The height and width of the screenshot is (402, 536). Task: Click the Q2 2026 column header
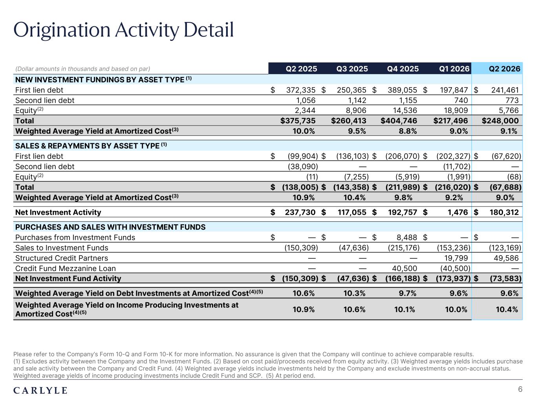[x=504, y=69]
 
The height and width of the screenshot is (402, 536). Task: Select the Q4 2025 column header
[x=402, y=69]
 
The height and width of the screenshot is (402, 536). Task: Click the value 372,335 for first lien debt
[x=301, y=90]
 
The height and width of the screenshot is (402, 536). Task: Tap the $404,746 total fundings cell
[x=399, y=121]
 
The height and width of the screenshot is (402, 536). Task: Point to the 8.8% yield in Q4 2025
[x=408, y=131]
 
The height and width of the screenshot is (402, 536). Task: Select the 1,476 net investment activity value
[x=457, y=212]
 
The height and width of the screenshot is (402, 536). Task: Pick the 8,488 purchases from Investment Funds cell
[x=406, y=237]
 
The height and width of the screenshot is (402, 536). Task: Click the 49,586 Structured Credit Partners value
[x=506, y=258]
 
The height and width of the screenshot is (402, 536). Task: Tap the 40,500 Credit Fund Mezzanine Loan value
[x=404, y=268]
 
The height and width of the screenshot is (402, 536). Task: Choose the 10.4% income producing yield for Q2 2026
[x=507, y=309]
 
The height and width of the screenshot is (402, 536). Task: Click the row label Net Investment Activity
[x=58, y=212]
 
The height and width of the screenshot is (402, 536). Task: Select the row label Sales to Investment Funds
[x=62, y=248]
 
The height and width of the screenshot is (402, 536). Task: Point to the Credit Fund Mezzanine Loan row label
[x=66, y=269]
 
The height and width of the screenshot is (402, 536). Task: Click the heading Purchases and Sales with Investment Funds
[x=110, y=227]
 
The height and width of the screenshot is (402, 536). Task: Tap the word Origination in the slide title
[x=62, y=30]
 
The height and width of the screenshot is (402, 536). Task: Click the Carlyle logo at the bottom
[x=40, y=391]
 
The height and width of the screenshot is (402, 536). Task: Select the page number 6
[x=520, y=389]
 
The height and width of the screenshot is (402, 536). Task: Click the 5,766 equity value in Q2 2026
[x=509, y=110]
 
